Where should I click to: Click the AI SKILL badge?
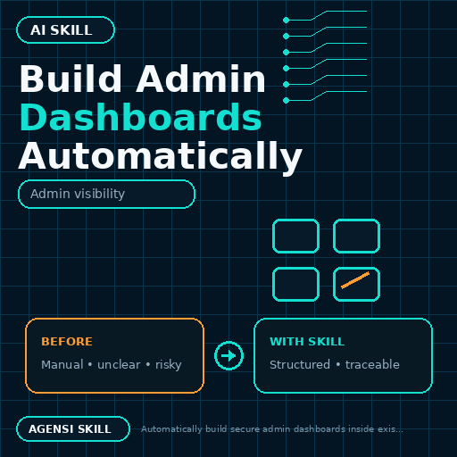click(65, 30)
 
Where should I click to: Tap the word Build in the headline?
click(71, 79)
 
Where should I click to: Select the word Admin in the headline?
click(201, 79)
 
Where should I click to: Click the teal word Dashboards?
click(141, 117)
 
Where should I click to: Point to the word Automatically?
click(161, 156)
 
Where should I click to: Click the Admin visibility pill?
click(106, 194)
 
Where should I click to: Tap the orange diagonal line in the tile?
click(355, 280)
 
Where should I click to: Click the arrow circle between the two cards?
click(228, 355)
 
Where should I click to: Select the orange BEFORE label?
click(67, 342)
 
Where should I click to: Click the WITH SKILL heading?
click(307, 342)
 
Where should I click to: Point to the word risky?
click(169, 365)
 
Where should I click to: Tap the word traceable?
click(372, 364)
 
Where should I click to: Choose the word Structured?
click(300, 364)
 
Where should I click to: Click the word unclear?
click(119, 364)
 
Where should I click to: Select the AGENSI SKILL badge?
click(73, 428)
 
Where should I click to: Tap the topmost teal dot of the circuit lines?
click(286, 20)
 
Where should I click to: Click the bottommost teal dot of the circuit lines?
click(286, 100)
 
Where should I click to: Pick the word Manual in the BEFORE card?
click(62, 364)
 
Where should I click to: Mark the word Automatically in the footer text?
click(171, 429)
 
